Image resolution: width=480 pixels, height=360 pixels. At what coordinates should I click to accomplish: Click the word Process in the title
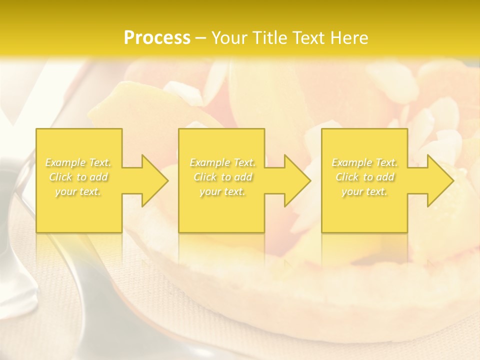pos(157,38)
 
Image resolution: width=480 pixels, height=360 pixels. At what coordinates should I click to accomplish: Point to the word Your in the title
pos(230,38)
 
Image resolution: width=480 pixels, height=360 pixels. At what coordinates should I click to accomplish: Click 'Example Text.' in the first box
pos(78,162)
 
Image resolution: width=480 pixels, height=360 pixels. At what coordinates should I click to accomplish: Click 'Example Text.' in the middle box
pos(222,162)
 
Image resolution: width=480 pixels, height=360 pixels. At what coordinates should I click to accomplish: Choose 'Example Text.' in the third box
pos(364,162)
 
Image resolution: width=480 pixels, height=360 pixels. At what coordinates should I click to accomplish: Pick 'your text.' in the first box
pos(78,191)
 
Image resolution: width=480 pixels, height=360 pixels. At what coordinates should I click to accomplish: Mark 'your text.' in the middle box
pos(222,191)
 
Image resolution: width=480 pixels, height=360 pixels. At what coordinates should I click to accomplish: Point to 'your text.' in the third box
pos(364,191)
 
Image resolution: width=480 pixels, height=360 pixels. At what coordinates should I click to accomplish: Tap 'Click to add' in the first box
pos(78,177)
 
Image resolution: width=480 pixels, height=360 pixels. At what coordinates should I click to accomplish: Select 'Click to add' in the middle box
pos(222,177)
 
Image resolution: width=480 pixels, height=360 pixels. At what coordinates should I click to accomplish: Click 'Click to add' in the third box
pos(364,177)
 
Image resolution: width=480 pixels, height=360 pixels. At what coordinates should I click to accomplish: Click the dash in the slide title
pos(201,38)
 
